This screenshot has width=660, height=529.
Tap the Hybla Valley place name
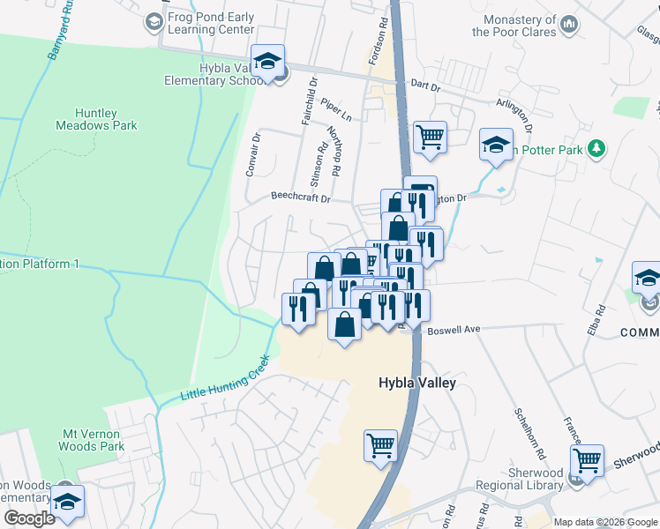(416, 383)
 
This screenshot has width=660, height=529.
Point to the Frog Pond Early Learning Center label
(211, 23)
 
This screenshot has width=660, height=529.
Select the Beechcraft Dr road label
(300, 198)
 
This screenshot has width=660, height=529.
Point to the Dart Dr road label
(425, 85)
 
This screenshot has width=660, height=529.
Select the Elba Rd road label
(600, 317)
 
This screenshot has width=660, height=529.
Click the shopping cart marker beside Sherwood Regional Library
(587, 460)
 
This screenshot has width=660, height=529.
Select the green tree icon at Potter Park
(597, 148)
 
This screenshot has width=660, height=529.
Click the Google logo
(28, 518)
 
